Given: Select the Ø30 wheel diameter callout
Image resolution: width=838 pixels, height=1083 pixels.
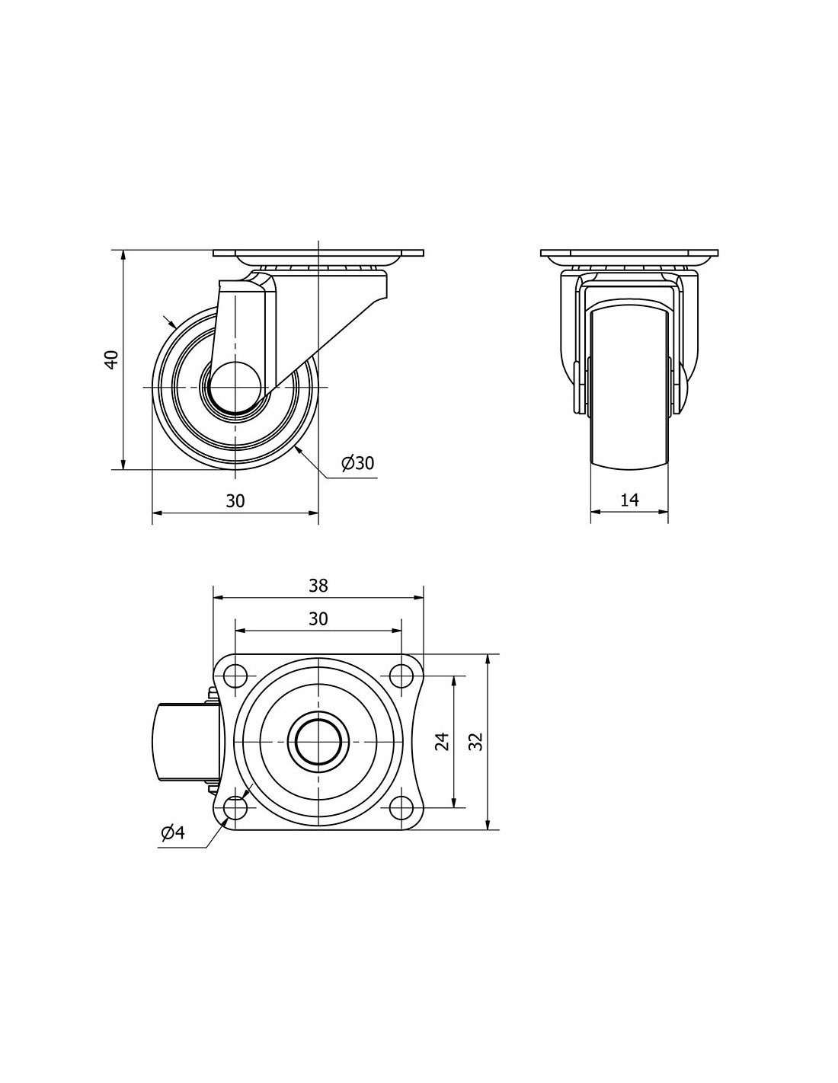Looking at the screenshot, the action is (x=357, y=463).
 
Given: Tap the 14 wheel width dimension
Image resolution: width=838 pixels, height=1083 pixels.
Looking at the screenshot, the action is (x=629, y=500).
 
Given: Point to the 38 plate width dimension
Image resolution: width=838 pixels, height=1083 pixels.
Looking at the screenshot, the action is (x=318, y=585).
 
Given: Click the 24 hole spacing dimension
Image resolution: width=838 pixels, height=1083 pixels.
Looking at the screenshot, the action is (x=442, y=740).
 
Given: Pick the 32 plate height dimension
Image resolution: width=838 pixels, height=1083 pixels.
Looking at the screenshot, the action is (x=476, y=740).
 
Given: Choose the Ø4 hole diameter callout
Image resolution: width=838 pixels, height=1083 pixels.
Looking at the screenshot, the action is (x=173, y=832).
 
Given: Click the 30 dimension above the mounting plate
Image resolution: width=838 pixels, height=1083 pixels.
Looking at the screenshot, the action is (x=318, y=618).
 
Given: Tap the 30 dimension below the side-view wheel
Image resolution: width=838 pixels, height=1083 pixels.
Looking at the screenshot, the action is (x=235, y=500).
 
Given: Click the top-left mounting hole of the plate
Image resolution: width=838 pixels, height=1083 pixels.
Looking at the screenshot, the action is (x=235, y=676).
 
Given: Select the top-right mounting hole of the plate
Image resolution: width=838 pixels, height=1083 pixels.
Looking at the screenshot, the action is (x=401, y=676).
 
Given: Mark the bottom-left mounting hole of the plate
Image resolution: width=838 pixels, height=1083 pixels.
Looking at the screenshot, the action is (x=235, y=807).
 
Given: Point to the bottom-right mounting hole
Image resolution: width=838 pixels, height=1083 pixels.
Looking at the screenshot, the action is (x=401, y=807).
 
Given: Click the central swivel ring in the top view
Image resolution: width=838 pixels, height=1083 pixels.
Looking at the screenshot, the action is (x=318, y=742).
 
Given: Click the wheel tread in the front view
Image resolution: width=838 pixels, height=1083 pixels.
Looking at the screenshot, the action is (x=629, y=388).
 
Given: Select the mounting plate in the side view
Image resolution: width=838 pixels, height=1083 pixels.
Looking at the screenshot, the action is (x=318, y=253).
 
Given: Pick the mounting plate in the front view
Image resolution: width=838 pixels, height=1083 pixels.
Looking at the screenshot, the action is (x=629, y=253).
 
